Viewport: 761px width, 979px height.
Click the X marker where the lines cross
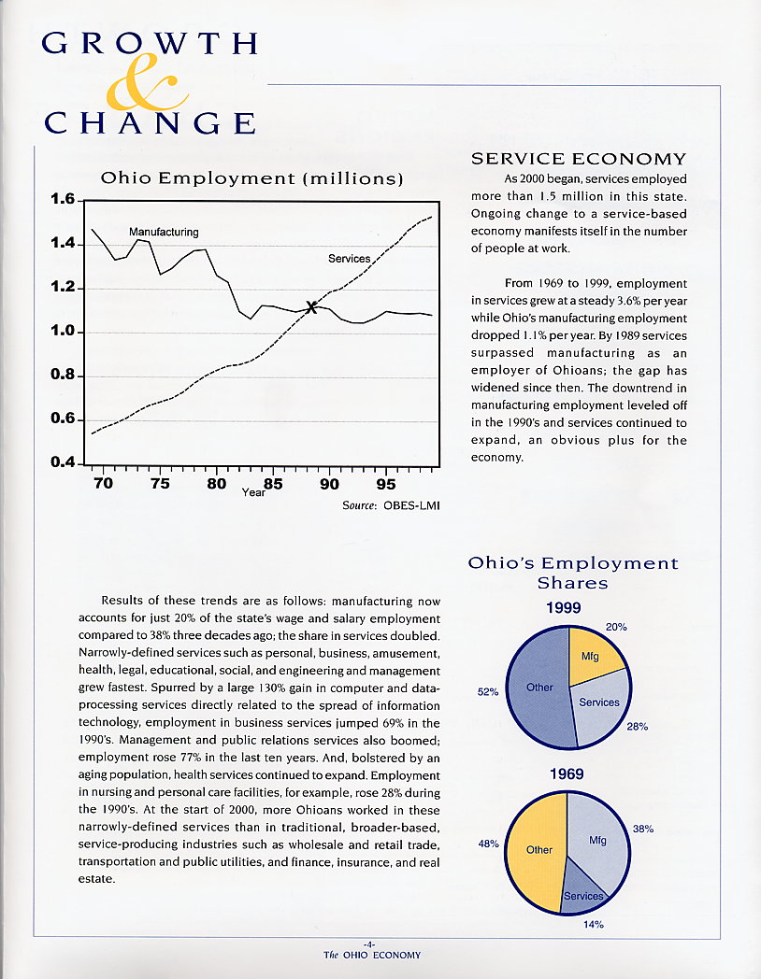(311, 306)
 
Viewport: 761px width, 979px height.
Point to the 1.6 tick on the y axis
(79, 201)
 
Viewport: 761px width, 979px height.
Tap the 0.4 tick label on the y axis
(63, 462)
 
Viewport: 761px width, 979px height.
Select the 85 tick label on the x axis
(273, 484)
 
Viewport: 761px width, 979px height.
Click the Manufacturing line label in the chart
(164, 232)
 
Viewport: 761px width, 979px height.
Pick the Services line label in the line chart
(350, 259)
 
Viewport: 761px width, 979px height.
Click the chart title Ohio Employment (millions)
(251, 178)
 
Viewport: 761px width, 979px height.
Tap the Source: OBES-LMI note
(391, 505)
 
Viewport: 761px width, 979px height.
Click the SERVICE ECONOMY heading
(580, 159)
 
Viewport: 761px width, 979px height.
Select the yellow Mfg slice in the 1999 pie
(595, 654)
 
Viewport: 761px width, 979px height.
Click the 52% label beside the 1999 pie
(488, 692)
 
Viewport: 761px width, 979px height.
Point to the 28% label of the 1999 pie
(638, 727)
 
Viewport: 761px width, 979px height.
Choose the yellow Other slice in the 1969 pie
(536, 850)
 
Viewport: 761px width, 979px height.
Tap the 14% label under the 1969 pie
(594, 924)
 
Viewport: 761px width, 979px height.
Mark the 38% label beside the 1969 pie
(643, 830)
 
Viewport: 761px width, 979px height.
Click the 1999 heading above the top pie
(564, 607)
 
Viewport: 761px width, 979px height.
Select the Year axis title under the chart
(253, 492)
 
